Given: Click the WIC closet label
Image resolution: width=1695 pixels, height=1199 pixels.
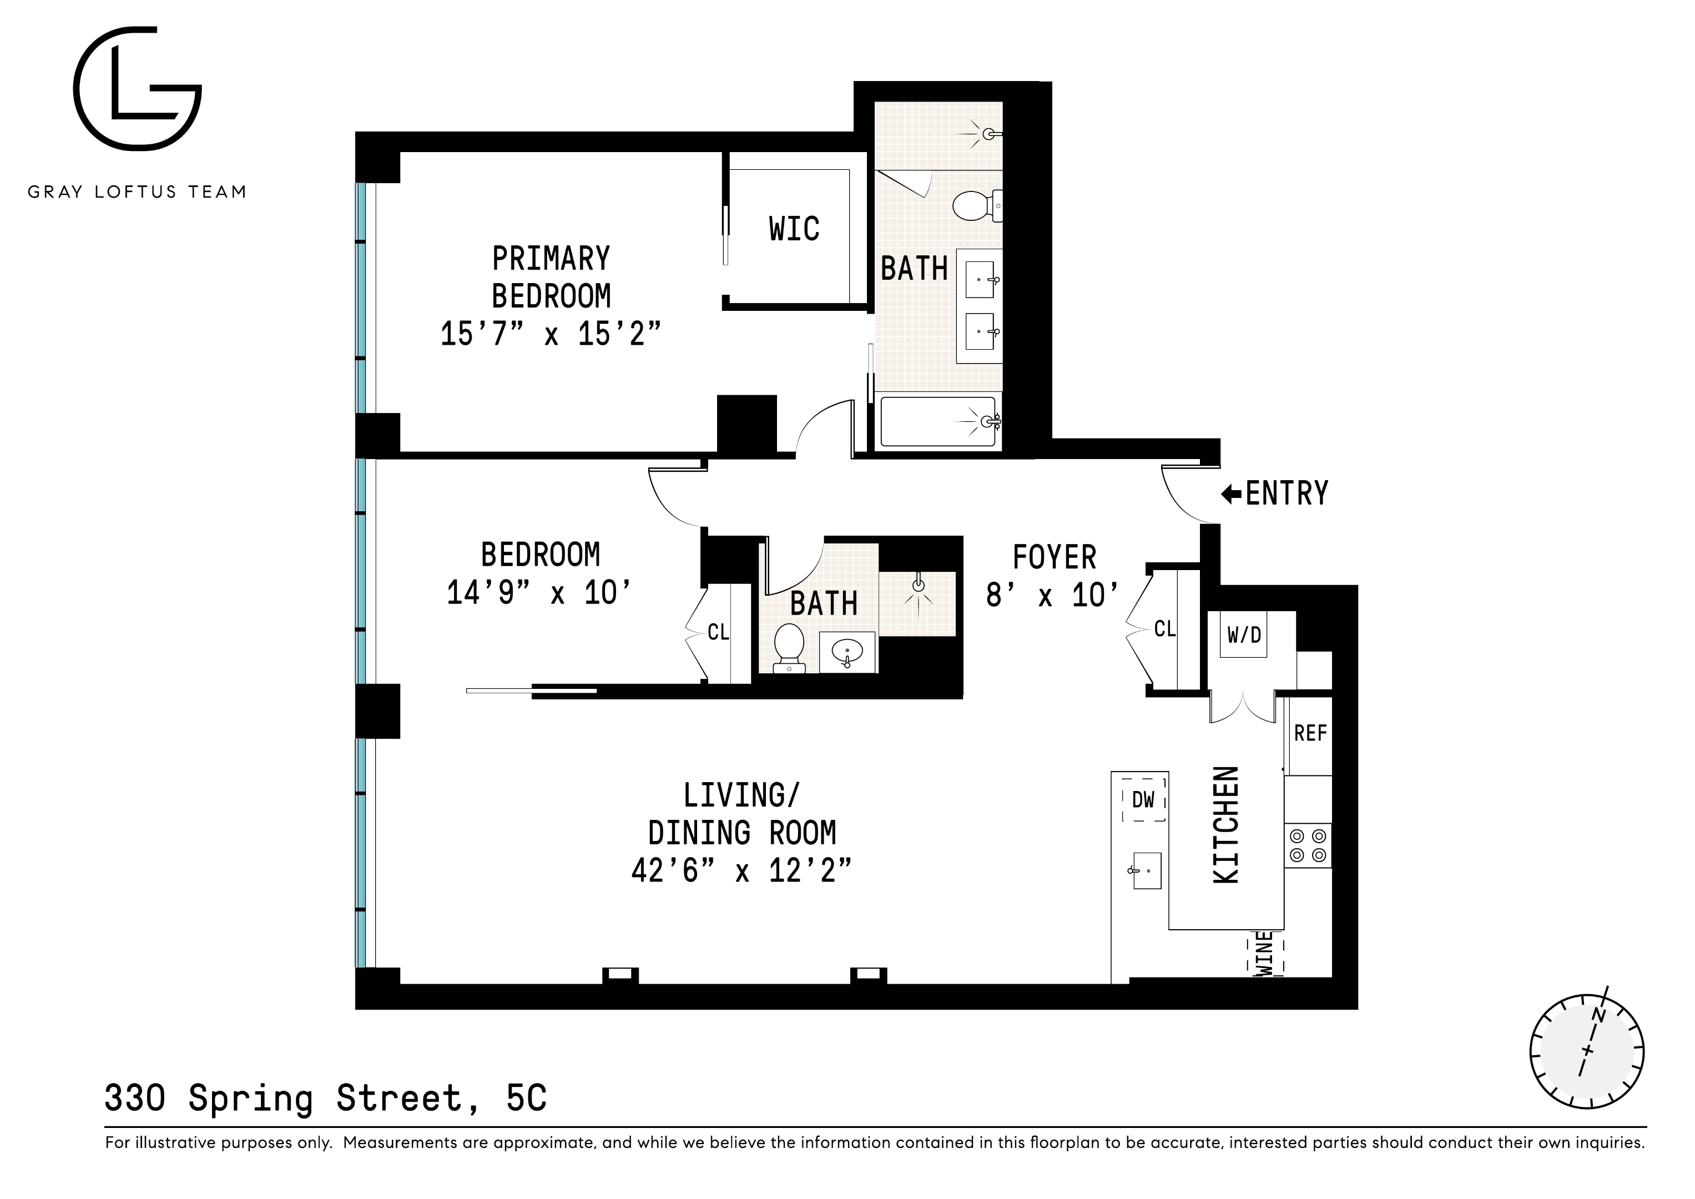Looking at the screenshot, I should pyautogui.click(x=794, y=229).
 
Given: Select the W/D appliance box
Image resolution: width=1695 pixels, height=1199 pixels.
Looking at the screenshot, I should pyautogui.click(x=1244, y=634).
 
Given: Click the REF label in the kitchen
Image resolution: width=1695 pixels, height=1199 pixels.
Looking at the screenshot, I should pyautogui.click(x=1310, y=733).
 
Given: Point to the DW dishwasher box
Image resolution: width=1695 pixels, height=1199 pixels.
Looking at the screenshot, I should pyautogui.click(x=1143, y=799).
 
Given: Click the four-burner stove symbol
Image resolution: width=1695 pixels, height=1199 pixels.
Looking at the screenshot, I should pyautogui.click(x=1308, y=846).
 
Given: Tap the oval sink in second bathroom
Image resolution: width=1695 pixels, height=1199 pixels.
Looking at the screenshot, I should pyautogui.click(x=847, y=652).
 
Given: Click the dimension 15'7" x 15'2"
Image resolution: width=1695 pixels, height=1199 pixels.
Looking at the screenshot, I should pyautogui.click(x=550, y=334).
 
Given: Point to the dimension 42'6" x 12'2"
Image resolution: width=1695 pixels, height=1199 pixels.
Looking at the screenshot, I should pyautogui.click(x=741, y=871).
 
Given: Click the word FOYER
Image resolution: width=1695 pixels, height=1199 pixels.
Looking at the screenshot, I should pyautogui.click(x=1053, y=557).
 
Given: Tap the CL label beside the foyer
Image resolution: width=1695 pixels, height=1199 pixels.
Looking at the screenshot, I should pyautogui.click(x=1164, y=629).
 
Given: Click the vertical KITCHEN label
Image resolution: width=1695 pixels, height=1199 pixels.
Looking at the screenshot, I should pyautogui.click(x=1226, y=825).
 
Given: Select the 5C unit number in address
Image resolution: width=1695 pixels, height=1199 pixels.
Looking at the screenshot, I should pyautogui.click(x=526, y=1098).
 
